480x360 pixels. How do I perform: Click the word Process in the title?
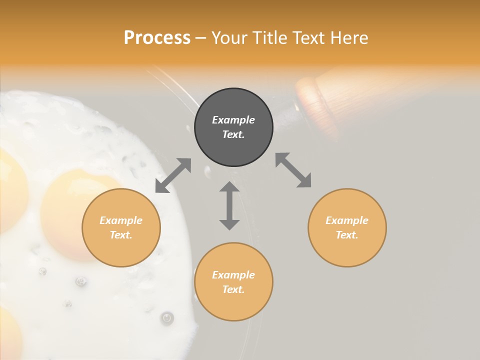pos(157,38)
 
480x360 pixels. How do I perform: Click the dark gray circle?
pos(233,127)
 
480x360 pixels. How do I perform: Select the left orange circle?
pos(121,227)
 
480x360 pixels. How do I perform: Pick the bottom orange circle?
pos(233,282)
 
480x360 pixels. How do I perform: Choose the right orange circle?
pos(347,227)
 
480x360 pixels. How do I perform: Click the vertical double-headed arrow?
pos(229,205)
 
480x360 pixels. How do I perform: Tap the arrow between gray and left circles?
pos(173,175)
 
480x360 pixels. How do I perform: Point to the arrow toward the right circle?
pos(293,170)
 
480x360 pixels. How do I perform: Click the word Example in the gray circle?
pos(233,120)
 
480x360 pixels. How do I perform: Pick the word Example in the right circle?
pos(347,220)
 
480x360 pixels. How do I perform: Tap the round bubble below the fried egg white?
pos(167,317)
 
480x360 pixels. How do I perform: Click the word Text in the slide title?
pos(308,38)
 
